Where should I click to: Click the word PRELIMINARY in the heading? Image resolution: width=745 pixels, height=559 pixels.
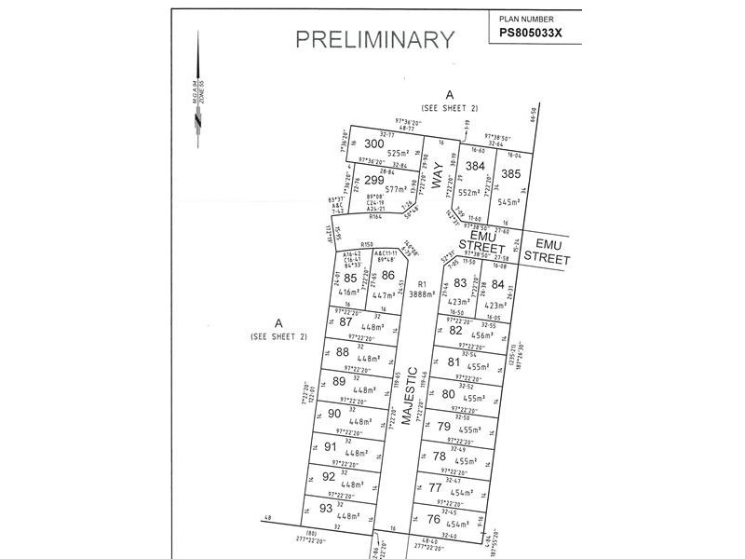tap(375, 39)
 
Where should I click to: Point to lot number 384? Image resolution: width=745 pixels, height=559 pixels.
tap(476, 167)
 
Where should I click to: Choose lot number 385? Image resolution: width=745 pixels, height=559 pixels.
tap(510, 173)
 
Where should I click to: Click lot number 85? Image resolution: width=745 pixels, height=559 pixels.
tap(350, 278)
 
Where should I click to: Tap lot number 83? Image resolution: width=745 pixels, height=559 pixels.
tap(459, 284)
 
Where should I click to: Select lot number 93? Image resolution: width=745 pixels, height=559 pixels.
tap(325, 508)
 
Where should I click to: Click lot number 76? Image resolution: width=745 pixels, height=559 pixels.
tap(433, 519)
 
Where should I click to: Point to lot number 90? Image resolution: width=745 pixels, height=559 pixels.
tap(333, 414)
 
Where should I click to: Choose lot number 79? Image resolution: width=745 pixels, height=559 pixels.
tap(443, 426)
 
